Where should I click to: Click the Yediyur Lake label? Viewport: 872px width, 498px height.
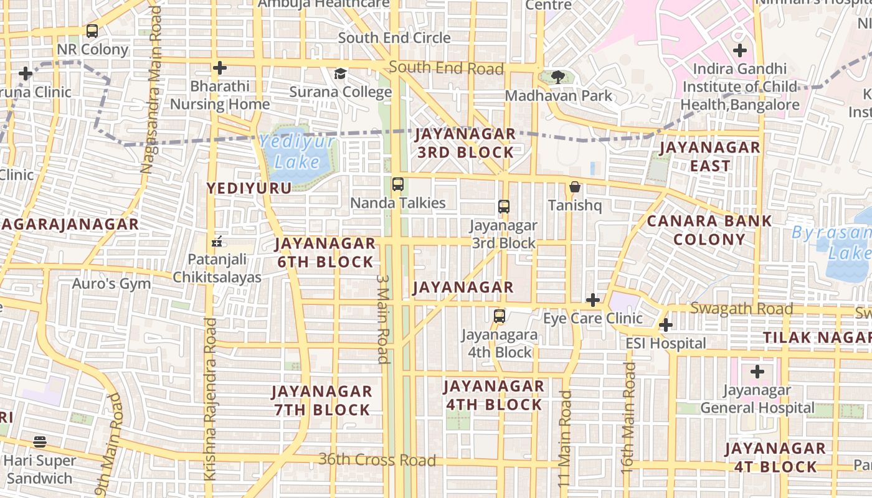coord(298,152)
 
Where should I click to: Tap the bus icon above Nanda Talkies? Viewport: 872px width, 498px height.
coord(397,184)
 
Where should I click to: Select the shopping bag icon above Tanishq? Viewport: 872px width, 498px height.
coord(574,187)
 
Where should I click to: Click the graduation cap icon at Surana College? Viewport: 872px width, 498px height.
coord(340,74)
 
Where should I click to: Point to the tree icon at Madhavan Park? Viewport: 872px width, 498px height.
coord(558,77)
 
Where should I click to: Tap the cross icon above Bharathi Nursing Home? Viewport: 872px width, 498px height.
coord(219,68)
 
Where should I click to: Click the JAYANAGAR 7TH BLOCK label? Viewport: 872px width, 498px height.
coord(322,400)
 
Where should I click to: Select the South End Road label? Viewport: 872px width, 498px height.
coord(446,68)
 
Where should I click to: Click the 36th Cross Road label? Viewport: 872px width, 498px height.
coord(377,460)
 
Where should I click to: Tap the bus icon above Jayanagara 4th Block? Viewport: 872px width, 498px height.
coord(499,316)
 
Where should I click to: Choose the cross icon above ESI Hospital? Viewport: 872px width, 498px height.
coord(665,325)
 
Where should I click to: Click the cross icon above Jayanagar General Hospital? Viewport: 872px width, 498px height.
coord(757,372)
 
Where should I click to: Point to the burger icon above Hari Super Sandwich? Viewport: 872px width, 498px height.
coord(40,442)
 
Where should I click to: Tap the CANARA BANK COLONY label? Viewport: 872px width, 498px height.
coord(709,230)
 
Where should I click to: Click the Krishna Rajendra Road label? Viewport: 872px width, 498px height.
coord(211,398)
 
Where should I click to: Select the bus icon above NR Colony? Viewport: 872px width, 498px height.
coord(92,31)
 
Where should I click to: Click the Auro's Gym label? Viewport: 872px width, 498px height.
coord(111,284)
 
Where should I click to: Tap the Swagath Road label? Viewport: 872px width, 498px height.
coord(741,309)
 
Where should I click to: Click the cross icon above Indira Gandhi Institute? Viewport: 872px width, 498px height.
coord(739,50)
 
